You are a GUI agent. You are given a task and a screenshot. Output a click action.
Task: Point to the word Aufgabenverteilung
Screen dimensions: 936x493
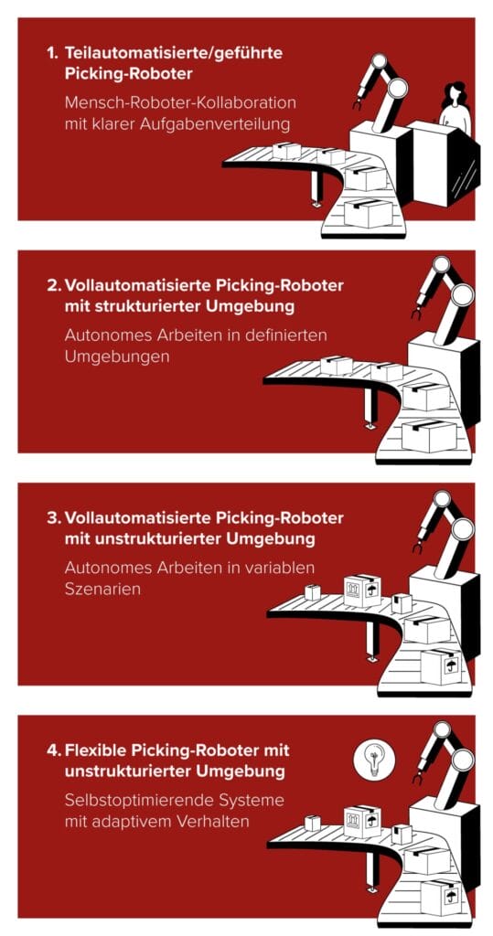pos(211,122)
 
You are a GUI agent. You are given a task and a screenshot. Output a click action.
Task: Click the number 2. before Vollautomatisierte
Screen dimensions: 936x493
pos(53,285)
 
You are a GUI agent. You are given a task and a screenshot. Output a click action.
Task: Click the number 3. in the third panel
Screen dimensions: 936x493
pos(53,517)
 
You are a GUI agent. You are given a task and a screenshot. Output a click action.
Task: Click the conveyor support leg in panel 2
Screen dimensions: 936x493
pos(369,408)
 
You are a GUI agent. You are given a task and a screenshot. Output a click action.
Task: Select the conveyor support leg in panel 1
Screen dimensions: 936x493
pos(316,187)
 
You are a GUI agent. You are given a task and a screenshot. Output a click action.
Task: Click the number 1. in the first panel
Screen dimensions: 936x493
pos(53,53)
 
